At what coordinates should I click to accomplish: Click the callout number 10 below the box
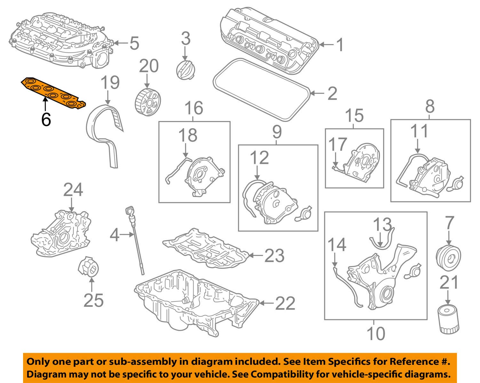pyautogui.click(x=376, y=333)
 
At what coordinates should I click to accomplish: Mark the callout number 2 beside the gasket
pyautogui.click(x=332, y=93)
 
